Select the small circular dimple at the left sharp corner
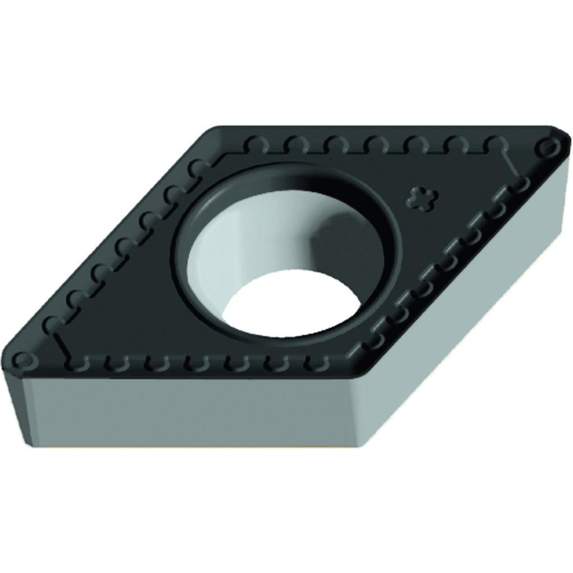(22, 358)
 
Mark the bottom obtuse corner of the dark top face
(360, 371)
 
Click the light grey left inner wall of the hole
(219, 247)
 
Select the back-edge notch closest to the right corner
(493, 143)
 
